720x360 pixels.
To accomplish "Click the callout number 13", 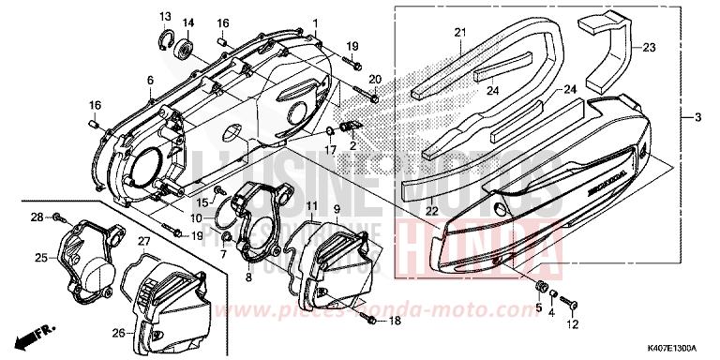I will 164,16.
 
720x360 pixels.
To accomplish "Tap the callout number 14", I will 187,22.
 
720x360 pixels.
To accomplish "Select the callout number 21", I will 460,34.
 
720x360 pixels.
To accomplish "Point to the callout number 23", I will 649,46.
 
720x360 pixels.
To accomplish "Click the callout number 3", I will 697,118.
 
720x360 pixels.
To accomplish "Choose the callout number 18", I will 394,321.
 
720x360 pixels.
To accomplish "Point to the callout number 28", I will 37,217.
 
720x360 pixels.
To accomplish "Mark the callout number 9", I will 336,206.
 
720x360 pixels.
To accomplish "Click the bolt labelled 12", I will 573,304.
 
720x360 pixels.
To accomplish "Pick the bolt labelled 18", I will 373,321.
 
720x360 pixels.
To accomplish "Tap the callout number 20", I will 374,79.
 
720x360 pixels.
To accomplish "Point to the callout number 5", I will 539,307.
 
